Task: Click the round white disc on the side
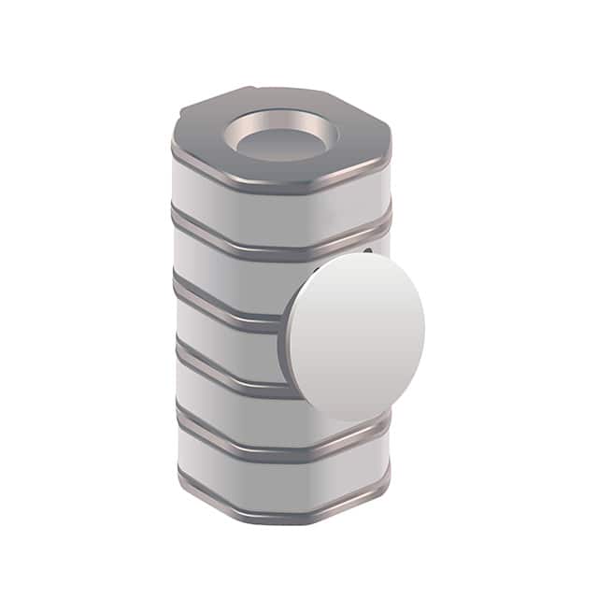356,331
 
